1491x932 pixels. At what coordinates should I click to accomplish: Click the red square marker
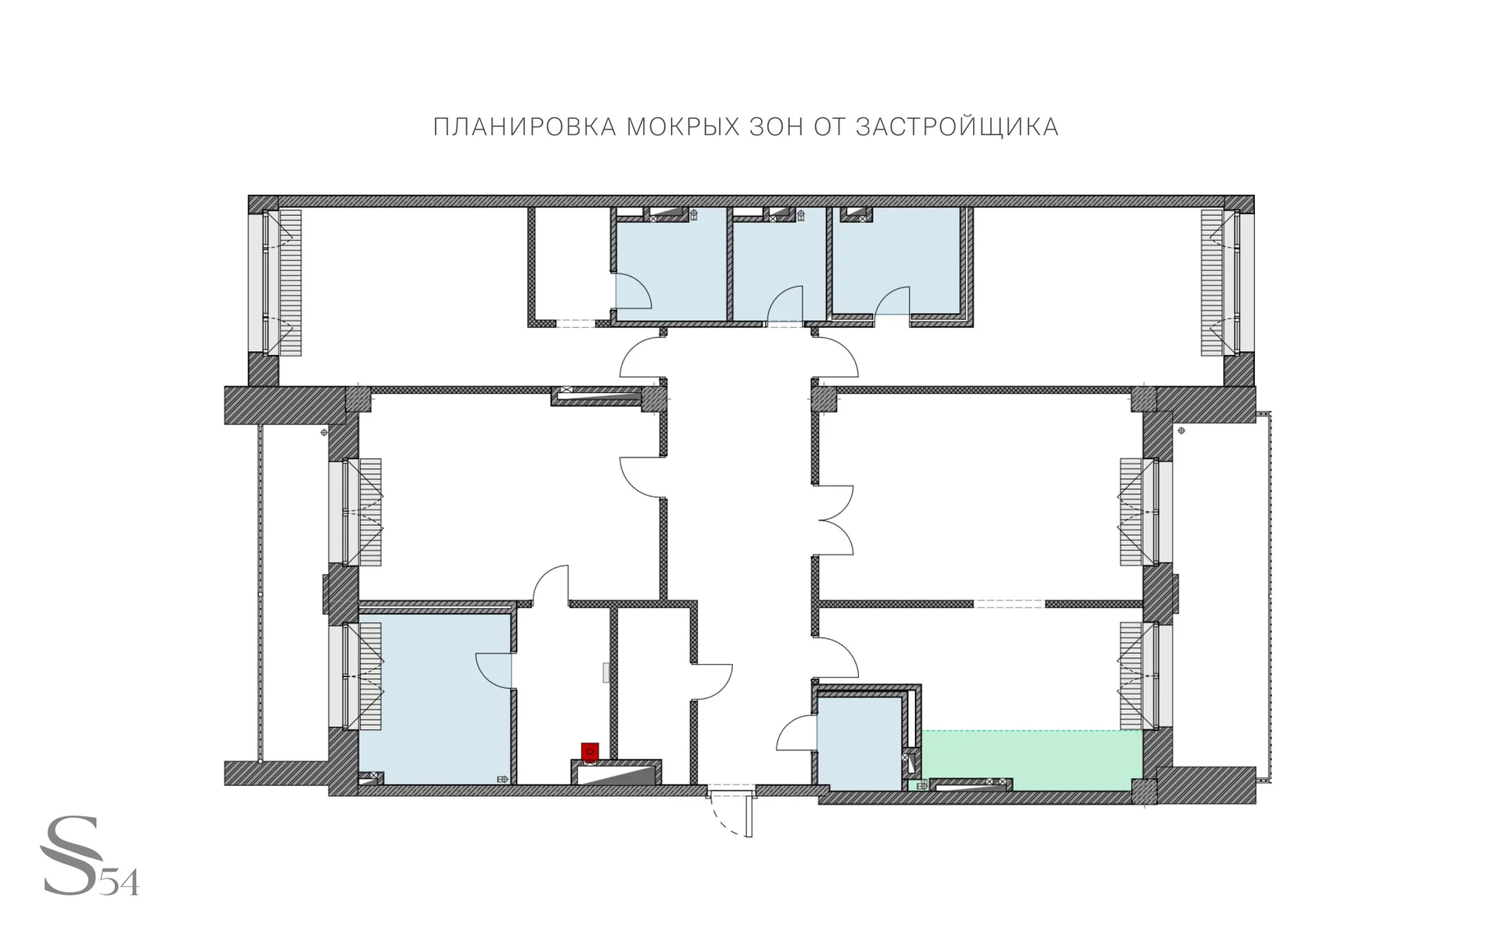[x=590, y=751]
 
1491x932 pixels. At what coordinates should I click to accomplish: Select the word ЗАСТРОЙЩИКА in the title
[x=957, y=127]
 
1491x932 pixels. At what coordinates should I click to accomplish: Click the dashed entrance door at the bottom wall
[x=732, y=812]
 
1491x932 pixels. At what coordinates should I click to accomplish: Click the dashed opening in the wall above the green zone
[x=1010, y=603]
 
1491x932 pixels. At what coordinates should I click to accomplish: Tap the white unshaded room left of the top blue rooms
[x=572, y=264]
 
